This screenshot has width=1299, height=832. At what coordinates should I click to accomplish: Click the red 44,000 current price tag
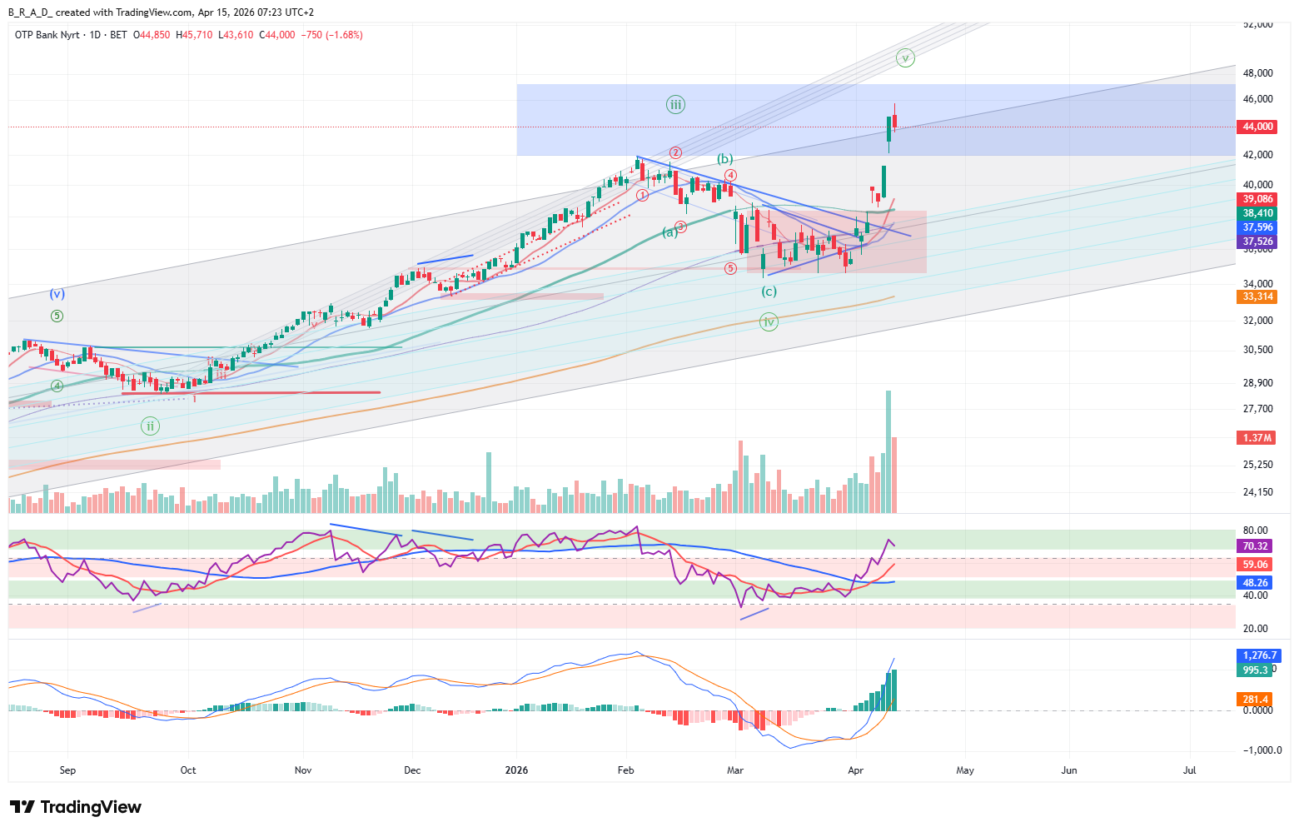click(x=1257, y=127)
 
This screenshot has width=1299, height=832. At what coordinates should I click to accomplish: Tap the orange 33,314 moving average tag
click(x=1257, y=296)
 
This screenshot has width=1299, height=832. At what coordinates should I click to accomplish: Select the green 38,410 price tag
click(x=1257, y=213)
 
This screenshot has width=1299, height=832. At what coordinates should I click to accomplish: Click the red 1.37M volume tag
click(x=1257, y=437)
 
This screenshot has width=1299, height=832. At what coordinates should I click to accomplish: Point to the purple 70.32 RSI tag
click(x=1256, y=546)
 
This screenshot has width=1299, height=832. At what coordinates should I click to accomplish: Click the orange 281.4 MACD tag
click(x=1256, y=700)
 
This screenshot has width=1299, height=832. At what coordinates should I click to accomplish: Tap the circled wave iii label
click(x=675, y=105)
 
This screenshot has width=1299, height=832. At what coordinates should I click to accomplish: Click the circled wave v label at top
click(x=905, y=58)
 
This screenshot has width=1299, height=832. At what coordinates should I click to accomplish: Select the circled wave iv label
click(x=769, y=322)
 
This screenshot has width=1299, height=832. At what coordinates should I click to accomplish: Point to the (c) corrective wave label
click(x=769, y=291)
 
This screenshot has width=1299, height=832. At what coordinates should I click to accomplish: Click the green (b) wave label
click(x=725, y=159)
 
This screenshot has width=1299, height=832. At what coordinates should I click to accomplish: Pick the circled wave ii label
click(x=150, y=426)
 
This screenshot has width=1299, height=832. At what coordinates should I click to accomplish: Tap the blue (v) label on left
click(x=57, y=294)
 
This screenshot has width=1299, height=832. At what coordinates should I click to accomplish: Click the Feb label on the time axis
click(x=625, y=770)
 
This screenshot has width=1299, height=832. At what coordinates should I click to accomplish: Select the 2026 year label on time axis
click(x=517, y=770)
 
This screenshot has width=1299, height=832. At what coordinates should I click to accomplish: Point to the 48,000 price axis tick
click(x=1257, y=73)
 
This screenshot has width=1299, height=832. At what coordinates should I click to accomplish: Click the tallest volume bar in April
click(x=888, y=450)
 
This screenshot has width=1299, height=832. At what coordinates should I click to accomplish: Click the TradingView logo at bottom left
click(x=76, y=807)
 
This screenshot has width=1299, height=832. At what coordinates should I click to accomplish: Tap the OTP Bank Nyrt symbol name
click(x=47, y=35)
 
